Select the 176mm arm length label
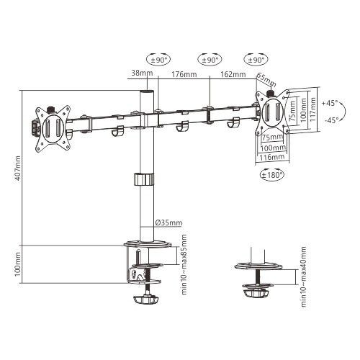click(185, 74)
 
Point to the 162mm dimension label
click(233, 74)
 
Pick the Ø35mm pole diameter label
click(169, 221)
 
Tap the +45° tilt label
click(330, 103)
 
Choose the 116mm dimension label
click(271, 156)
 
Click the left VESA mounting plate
click(52, 127)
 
